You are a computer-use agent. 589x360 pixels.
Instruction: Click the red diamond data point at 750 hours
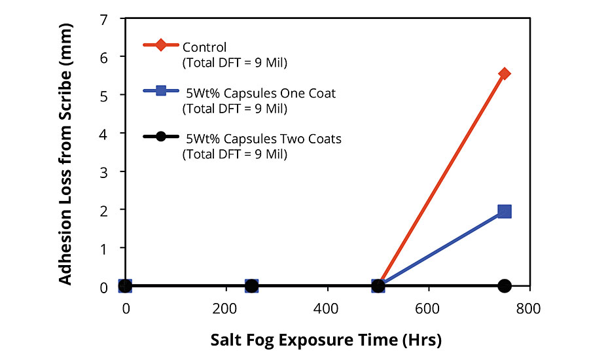pos(504,73)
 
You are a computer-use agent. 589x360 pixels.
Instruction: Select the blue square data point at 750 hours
pos(504,211)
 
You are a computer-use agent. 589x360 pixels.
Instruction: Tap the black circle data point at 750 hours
pos(504,286)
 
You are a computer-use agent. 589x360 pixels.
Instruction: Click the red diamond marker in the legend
pos(161,46)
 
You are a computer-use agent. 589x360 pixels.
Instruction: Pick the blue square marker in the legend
pos(161,92)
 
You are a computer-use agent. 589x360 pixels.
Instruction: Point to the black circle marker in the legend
pos(161,137)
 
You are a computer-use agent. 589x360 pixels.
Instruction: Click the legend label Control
pos(205,47)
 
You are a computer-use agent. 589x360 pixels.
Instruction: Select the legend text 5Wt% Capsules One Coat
pos(260,93)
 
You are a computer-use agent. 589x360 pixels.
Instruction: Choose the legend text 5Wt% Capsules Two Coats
pos(263,139)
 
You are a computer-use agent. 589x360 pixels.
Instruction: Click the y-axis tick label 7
pos(103,19)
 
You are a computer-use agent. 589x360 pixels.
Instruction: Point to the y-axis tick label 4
pos(103,133)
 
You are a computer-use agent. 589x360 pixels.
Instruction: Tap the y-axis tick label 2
pos(103,209)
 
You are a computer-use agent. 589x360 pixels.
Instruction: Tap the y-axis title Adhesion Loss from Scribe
pos(66,151)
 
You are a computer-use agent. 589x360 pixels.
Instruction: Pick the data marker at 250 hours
pos(251,286)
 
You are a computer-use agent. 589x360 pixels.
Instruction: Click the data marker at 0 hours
pos(125,286)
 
